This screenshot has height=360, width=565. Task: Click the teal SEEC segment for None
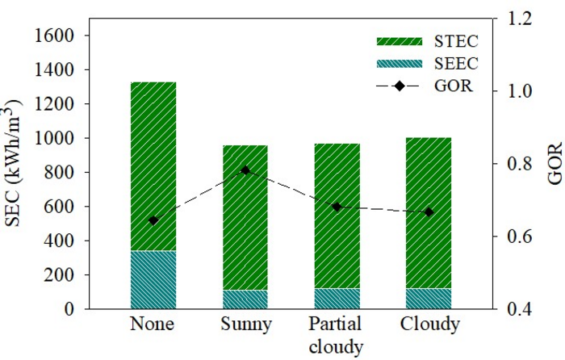point(153,279)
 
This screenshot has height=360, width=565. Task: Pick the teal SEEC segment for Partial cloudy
point(337,299)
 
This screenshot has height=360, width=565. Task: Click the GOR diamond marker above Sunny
point(245,170)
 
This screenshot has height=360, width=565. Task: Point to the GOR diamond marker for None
point(153,220)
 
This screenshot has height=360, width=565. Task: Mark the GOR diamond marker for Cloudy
point(429,212)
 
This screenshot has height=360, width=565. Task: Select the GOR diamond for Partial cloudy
point(337,207)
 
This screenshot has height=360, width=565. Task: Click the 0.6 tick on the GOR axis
point(513,237)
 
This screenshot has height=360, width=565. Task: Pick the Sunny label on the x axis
point(245,326)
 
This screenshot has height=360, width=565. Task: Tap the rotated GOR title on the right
point(554,165)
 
